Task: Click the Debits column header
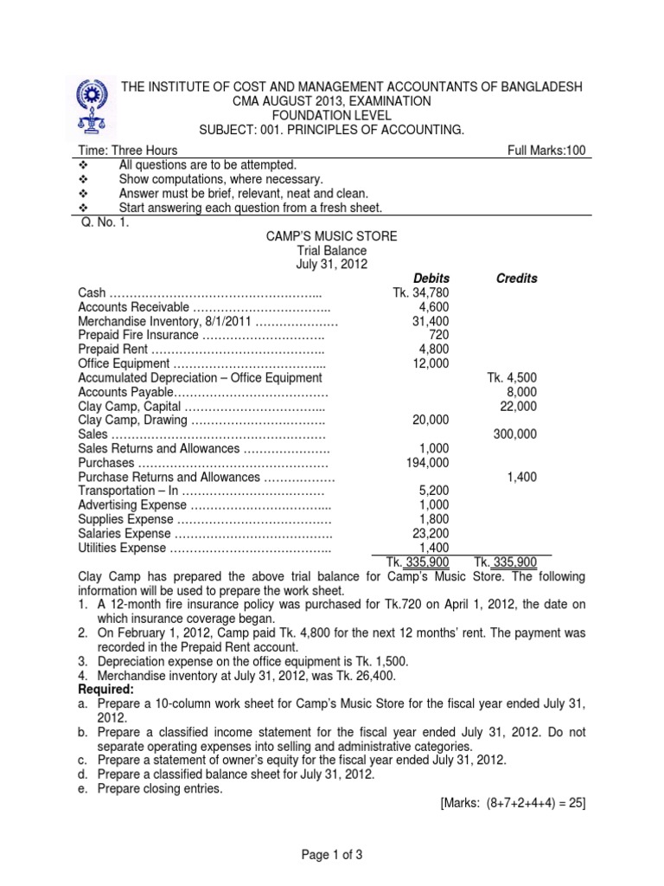point(430,279)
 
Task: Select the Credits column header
point(516,279)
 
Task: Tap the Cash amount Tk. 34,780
point(420,294)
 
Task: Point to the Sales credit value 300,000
point(515,435)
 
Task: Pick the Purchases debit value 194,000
point(426,464)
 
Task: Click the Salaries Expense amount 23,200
point(430,534)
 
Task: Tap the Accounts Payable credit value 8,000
point(521,393)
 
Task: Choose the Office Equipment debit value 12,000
point(430,365)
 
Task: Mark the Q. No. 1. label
point(101,221)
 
